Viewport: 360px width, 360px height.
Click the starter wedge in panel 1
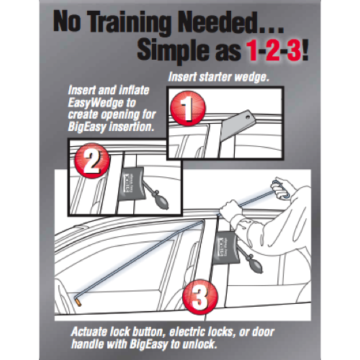tap(241, 124)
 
